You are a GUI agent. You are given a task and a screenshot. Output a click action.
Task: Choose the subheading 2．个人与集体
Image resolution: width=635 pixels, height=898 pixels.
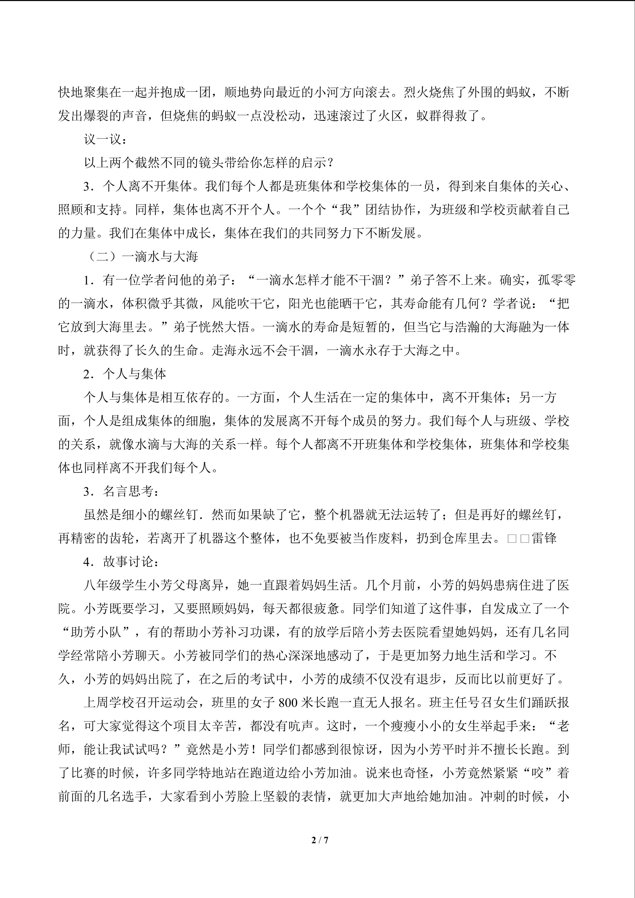[x=125, y=374]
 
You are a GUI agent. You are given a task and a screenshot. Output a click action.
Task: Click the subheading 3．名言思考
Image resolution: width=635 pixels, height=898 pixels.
[x=121, y=492]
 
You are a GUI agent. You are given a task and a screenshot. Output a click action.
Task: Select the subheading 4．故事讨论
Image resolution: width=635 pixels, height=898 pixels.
[x=121, y=562]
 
